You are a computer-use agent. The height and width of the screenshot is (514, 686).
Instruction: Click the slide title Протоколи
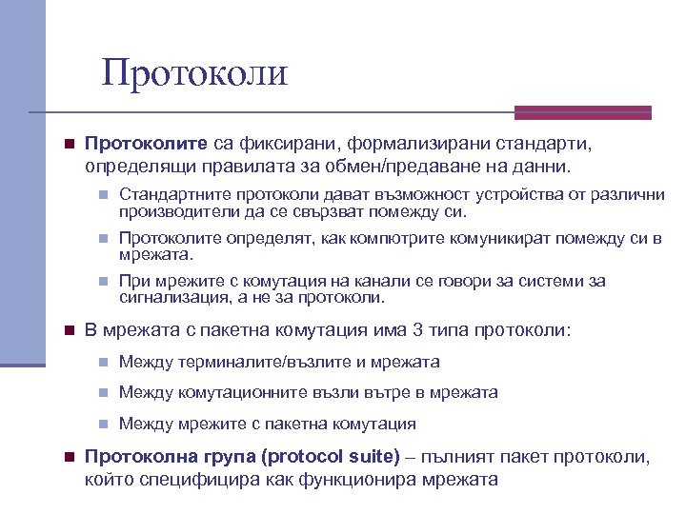(195, 72)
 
